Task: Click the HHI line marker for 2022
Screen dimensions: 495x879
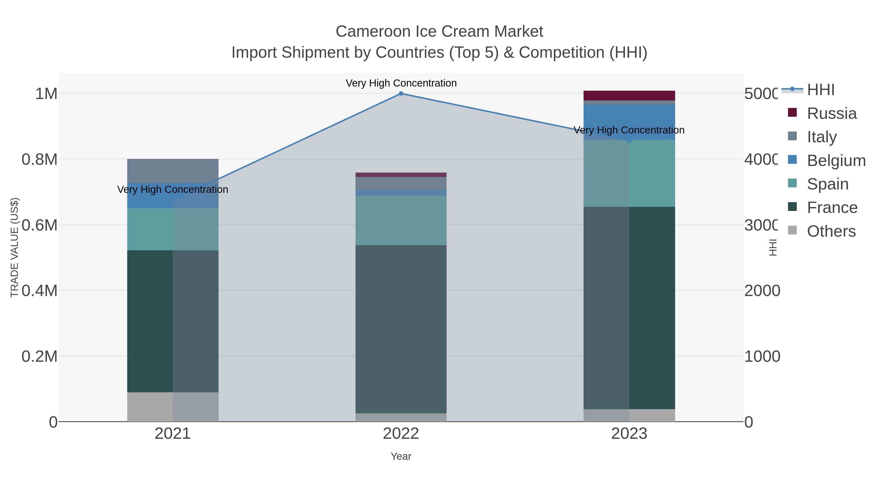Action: [x=401, y=94]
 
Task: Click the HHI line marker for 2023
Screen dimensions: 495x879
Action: [x=629, y=140]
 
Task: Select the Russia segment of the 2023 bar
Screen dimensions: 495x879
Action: [x=629, y=96]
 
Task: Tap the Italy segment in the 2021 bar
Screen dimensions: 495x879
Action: [x=173, y=171]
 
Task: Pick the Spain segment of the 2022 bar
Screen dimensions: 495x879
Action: [x=401, y=220]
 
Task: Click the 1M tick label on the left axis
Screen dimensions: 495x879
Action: [x=46, y=94]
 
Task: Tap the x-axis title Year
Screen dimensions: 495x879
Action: [x=401, y=456]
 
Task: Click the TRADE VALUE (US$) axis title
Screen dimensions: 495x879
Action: [x=14, y=247]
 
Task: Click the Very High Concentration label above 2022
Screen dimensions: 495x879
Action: [x=401, y=83]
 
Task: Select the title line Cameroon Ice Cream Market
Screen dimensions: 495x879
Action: [x=439, y=32]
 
